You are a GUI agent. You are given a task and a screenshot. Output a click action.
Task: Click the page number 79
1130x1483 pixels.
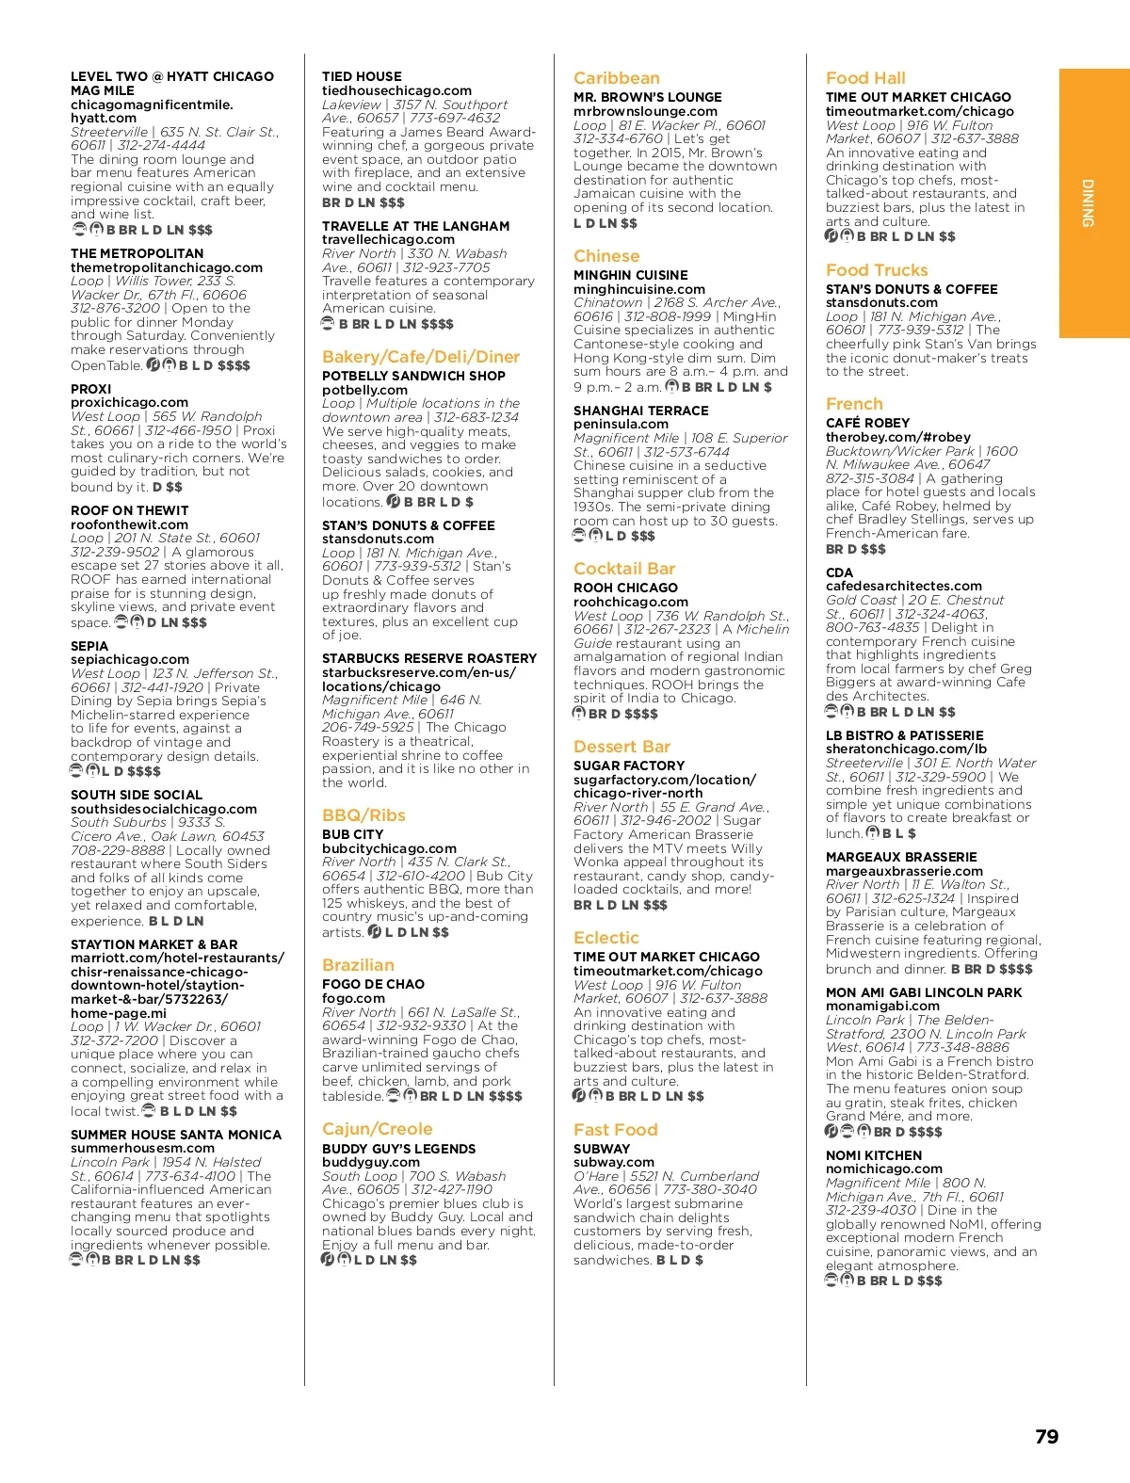pyautogui.click(x=1046, y=1437)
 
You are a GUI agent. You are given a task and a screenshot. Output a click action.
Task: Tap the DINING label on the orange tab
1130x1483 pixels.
pyautogui.click(x=1088, y=202)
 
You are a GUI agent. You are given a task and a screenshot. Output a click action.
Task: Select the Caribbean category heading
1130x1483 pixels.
pyautogui.click(x=616, y=78)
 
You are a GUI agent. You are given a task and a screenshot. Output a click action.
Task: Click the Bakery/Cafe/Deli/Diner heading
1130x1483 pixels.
pyautogui.click(x=420, y=357)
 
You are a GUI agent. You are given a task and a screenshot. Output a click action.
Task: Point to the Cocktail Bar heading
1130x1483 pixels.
pyautogui.click(x=623, y=569)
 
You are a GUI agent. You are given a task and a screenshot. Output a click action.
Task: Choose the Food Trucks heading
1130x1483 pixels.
pyautogui.click(x=876, y=270)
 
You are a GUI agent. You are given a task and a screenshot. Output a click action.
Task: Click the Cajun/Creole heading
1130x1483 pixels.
pyautogui.click(x=377, y=1129)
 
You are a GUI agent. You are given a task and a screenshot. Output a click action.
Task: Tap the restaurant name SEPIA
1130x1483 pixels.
pyautogui.click(x=89, y=646)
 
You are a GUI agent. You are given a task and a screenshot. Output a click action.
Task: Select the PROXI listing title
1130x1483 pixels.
pyautogui.click(x=90, y=389)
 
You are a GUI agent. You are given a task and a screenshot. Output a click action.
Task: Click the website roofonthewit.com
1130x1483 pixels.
pyautogui.click(x=129, y=524)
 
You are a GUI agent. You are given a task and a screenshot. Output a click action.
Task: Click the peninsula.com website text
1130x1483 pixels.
pyautogui.click(x=621, y=425)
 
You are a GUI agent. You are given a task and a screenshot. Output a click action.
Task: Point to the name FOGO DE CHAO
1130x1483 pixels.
pyautogui.click(x=373, y=984)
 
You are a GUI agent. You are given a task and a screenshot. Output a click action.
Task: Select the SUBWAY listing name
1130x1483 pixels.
pyautogui.click(x=601, y=1149)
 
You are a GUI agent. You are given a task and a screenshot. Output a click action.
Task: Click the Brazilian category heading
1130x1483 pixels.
pyautogui.click(x=358, y=965)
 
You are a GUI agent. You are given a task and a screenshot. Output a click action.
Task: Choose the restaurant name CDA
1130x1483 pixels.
pyautogui.click(x=839, y=572)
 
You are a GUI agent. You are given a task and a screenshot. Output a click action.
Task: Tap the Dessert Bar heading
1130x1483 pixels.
pyautogui.click(x=621, y=747)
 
